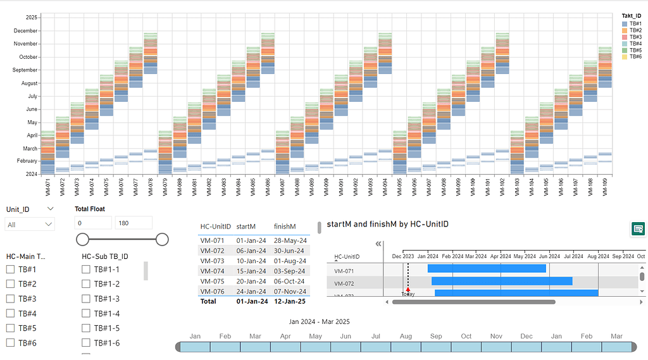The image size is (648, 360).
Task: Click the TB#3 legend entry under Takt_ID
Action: pos(635,37)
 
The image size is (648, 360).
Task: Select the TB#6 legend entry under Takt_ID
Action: pos(635,57)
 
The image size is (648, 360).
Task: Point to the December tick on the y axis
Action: pos(25,30)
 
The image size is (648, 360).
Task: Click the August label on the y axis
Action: pos(29,83)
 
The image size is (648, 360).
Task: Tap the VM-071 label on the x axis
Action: pos(47,188)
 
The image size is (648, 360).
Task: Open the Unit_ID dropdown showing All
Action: pos(30,224)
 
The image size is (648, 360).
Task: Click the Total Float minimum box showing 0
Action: pos(93,223)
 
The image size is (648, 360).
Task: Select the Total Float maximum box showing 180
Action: pos(133,223)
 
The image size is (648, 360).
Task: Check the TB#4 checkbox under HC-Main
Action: pos(10,314)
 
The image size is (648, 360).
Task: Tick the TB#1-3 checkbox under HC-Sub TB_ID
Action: pos(86,299)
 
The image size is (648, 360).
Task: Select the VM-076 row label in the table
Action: pos(212,291)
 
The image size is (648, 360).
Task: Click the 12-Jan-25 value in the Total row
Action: pos(289,301)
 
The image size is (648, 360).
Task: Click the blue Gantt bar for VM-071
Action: pos(487,268)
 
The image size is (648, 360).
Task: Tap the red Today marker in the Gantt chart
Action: pos(408,290)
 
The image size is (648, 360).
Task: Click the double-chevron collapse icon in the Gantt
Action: pos(378,244)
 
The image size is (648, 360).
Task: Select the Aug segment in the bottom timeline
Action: pos(406,347)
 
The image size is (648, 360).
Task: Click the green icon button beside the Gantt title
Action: pos(638,228)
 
